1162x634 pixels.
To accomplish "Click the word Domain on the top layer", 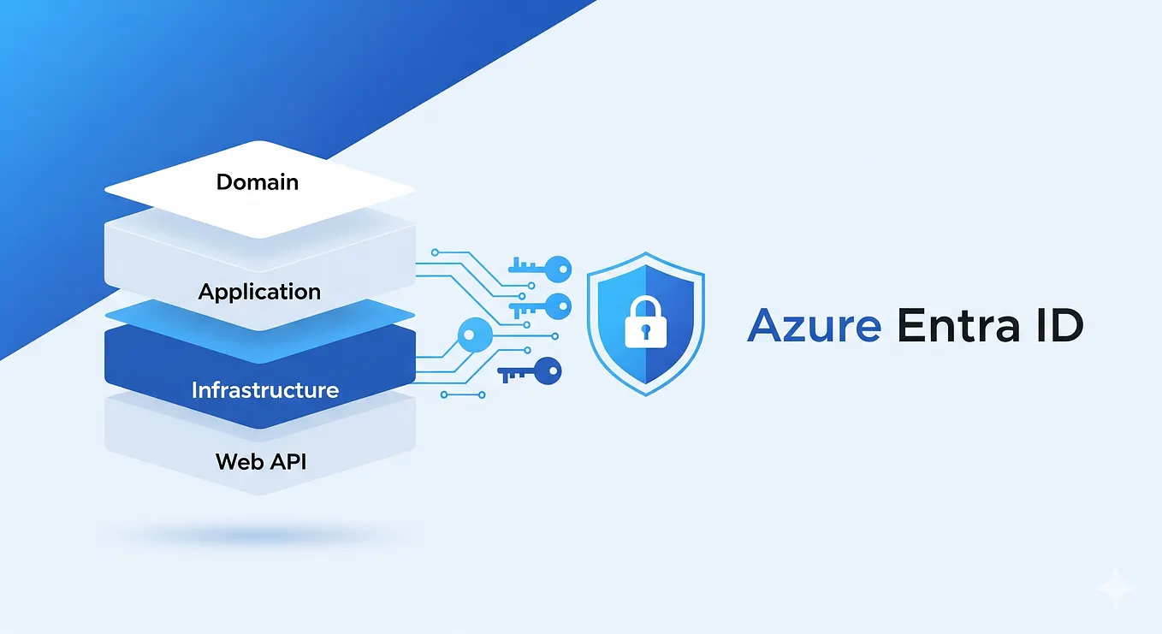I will (x=257, y=181).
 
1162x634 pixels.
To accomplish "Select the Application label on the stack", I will (x=259, y=291).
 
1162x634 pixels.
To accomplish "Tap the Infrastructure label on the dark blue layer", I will (x=264, y=390).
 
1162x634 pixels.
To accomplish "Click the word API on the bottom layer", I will (x=286, y=462).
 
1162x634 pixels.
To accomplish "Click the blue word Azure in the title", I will (x=813, y=327).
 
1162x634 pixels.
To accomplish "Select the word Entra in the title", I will (x=950, y=327).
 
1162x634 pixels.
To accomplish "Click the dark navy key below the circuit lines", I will (x=531, y=372).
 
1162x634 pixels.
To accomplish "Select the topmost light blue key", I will (x=539, y=266).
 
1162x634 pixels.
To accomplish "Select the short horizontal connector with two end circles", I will (x=463, y=394).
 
